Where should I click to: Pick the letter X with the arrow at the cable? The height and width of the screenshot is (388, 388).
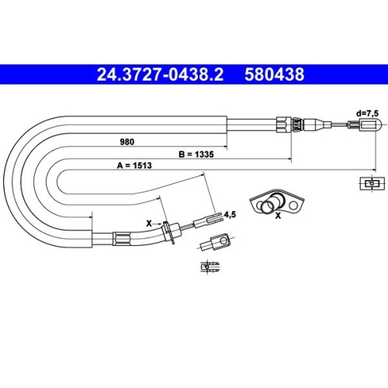click(150, 222)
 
